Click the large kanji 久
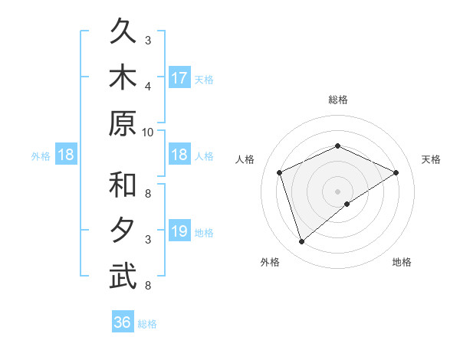click(123, 34)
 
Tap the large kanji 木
click(123, 78)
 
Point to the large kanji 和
click(123, 185)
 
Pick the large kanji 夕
click(123, 230)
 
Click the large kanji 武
click(123, 276)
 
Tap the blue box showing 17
click(179, 77)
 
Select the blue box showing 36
click(123, 322)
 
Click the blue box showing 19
click(179, 231)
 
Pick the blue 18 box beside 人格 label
click(179, 155)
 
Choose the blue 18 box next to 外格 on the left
click(66, 155)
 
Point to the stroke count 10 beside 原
click(148, 132)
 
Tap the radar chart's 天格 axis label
click(431, 159)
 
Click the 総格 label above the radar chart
click(337, 100)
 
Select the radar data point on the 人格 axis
click(280, 172)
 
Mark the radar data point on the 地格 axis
click(347, 204)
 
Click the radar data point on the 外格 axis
click(302, 242)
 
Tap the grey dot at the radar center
click(337, 191)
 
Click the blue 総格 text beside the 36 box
click(147, 323)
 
